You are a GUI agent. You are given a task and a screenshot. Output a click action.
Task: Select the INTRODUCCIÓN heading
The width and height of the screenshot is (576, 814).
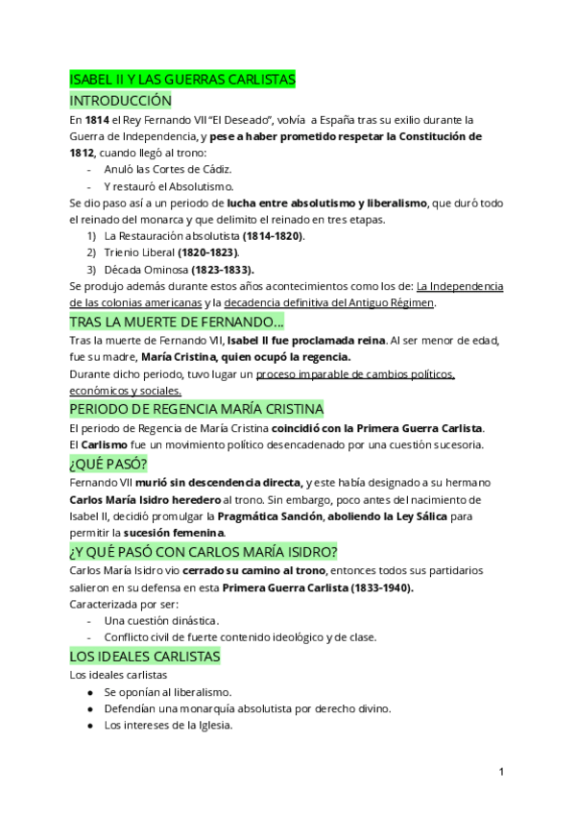pyautogui.click(x=120, y=101)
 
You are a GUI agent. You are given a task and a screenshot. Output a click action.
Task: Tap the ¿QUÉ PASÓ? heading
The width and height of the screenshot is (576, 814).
pyautogui.click(x=108, y=465)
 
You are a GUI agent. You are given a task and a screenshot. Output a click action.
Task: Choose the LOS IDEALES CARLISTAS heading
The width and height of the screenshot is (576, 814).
pyautogui.click(x=146, y=657)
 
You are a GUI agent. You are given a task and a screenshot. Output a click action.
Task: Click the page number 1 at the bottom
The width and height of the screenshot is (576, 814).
pyautogui.click(x=501, y=771)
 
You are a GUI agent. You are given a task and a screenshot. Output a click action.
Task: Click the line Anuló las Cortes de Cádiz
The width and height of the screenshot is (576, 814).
pyautogui.click(x=167, y=169)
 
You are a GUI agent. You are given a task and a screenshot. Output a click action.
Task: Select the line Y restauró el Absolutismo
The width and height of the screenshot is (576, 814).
pyautogui.click(x=168, y=185)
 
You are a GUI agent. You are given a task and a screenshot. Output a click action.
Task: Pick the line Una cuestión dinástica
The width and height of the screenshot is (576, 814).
pyautogui.click(x=161, y=621)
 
